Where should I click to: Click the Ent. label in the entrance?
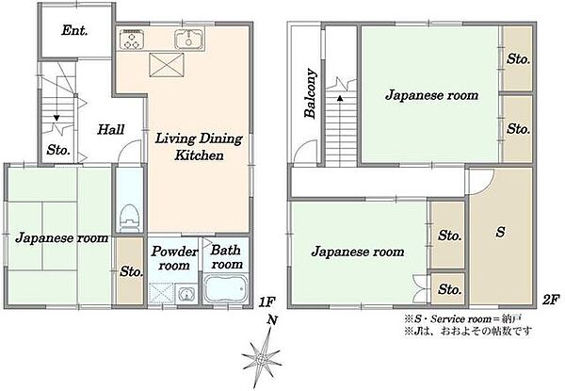point(74,31)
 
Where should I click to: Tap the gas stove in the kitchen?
point(132,39)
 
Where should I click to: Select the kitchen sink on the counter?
point(189,39)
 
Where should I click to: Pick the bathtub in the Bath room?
point(226,288)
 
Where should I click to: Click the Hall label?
point(110,129)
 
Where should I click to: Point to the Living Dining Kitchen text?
point(199,147)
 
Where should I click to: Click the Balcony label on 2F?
point(311,93)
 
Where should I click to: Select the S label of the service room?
point(500,232)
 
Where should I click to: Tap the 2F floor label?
point(551,300)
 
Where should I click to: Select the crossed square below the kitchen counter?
point(167,65)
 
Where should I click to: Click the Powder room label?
point(174,258)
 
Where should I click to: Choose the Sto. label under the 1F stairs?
point(58,150)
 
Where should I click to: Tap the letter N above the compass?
point(272,320)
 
